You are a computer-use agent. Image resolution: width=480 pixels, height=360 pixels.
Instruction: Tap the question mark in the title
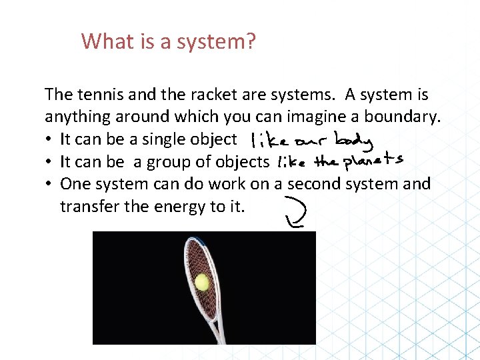pyautogui.click(x=251, y=41)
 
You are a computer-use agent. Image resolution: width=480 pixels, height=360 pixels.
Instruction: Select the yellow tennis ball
pyautogui.click(x=201, y=283)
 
